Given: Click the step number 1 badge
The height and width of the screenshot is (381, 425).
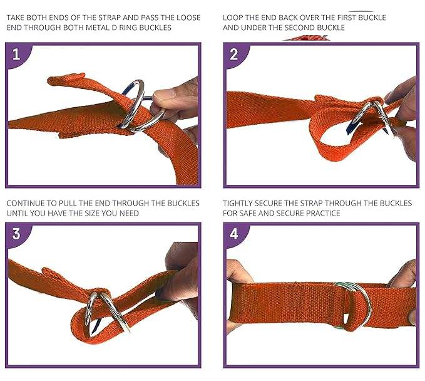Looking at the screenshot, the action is click(x=16, y=55).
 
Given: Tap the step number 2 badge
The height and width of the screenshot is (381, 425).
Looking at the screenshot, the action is click(x=233, y=55).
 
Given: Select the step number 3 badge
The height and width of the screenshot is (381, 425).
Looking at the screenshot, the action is click(x=16, y=234).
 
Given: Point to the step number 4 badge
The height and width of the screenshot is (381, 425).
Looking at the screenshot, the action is click(x=233, y=234).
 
